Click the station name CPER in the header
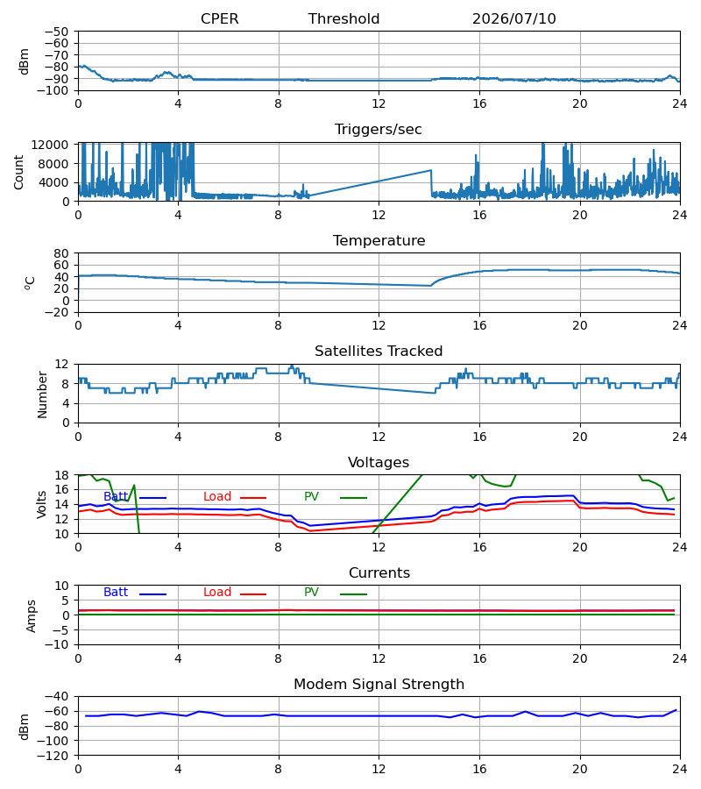pos(219,19)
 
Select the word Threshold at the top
pos(343,19)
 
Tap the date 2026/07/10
pos(514,19)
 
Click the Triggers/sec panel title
pos(379,130)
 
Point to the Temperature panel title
pos(379,240)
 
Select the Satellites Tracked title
pos(379,352)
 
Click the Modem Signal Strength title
pos(379,685)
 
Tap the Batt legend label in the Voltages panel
pos(116,497)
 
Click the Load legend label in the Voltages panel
pos(217,497)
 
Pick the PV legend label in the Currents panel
pos(311,593)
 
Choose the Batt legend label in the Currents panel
pos(116,593)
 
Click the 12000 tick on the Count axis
pos(50,145)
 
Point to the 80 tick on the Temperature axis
pos(61,253)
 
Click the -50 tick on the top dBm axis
pos(56,32)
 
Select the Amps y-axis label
pos(32,616)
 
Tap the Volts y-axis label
pos(42,505)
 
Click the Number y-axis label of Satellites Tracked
pos(42,395)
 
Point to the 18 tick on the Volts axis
pos(61,475)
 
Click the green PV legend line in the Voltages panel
pos(353,498)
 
